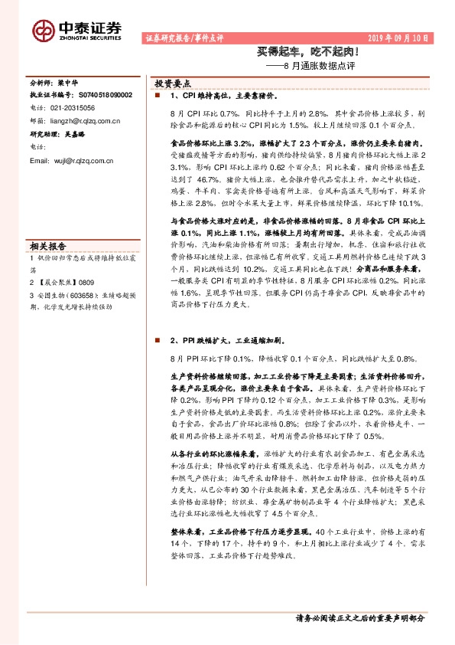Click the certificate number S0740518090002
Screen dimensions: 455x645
(106, 94)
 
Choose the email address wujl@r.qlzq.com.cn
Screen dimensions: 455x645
(71, 160)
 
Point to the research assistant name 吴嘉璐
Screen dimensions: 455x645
(75, 133)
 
